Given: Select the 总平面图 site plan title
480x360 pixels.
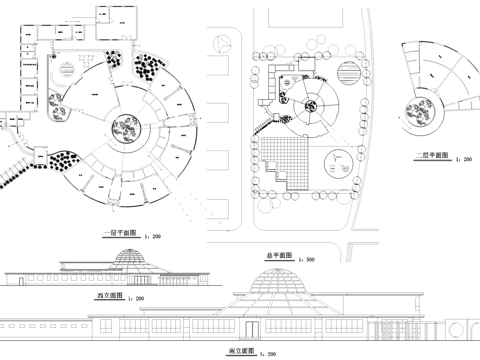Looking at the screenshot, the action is (x=280, y=256).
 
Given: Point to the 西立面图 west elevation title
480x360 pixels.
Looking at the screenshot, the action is (x=109, y=297).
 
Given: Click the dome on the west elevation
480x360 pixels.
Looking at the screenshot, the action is (x=128, y=257).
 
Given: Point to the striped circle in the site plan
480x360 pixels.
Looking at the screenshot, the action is (x=349, y=76).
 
